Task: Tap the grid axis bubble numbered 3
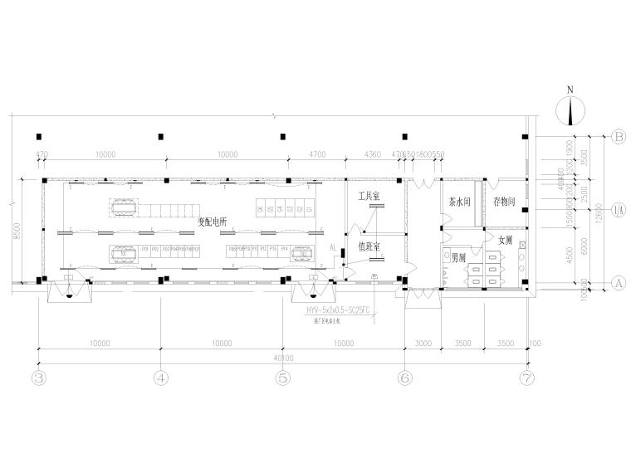pos(39,378)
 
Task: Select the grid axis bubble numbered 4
pos(161,378)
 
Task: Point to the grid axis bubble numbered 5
pos(283,378)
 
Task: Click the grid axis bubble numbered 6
pos(404,378)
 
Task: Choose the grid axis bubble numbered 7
pos(526,378)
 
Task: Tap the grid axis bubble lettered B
pos(618,136)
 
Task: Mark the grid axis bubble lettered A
pos(618,282)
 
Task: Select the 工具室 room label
pos(368,197)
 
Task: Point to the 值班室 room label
pos(368,246)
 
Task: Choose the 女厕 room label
pos(505,241)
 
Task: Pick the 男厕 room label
pos(457,258)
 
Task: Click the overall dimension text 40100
pos(282,359)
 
